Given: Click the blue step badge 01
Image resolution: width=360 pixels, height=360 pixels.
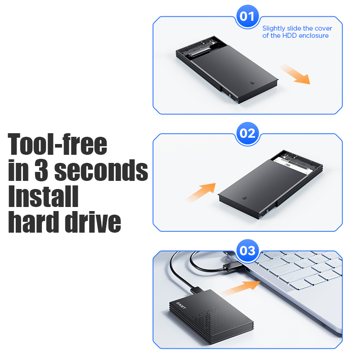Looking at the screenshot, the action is pyautogui.click(x=247, y=16).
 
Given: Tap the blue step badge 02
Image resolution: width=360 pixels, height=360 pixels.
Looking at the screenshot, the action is pyautogui.click(x=247, y=133).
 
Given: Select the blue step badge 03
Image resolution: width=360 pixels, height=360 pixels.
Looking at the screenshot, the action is pyautogui.click(x=247, y=251).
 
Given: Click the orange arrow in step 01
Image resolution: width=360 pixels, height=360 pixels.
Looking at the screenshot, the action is pyautogui.click(x=295, y=74).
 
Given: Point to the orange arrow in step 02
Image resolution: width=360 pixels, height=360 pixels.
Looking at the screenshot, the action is pyautogui.click(x=201, y=193).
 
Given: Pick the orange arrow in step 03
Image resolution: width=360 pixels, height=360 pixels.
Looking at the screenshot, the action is pyautogui.click(x=240, y=288).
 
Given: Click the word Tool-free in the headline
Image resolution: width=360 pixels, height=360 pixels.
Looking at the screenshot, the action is pyautogui.click(x=58, y=144).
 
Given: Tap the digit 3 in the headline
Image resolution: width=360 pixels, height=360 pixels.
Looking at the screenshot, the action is pyautogui.click(x=41, y=170).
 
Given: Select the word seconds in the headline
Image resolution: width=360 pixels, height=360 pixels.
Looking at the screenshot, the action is pyautogui.click(x=101, y=170).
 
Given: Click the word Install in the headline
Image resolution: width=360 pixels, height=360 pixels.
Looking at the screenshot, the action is pyautogui.click(x=43, y=196).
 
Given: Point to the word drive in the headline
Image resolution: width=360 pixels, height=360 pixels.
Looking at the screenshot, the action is pyautogui.click(x=93, y=221).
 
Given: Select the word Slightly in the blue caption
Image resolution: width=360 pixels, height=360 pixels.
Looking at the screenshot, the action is pyautogui.click(x=274, y=29).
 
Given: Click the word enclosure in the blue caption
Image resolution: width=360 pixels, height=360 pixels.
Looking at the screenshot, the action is pyautogui.click(x=314, y=36).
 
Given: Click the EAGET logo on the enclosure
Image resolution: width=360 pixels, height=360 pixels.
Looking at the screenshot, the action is pyautogui.click(x=181, y=306).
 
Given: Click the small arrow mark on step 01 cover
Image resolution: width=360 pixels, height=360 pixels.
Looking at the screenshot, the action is pyautogui.click(x=252, y=83).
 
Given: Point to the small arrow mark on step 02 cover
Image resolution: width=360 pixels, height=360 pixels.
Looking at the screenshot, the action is pyautogui.click(x=245, y=198).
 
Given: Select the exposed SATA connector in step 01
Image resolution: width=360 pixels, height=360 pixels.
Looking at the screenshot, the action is pyautogui.click(x=199, y=52).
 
